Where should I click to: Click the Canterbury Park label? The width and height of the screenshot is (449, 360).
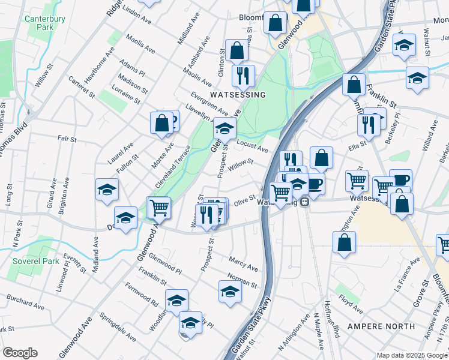pyautogui.click(x=40, y=23)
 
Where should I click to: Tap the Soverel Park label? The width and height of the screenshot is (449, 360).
pyautogui.click(x=37, y=262)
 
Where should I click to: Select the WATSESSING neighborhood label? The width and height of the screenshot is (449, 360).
pyautogui.click(x=237, y=95)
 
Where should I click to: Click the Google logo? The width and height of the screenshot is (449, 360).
pyautogui.click(x=20, y=352)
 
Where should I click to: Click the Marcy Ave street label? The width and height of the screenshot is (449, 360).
pyautogui.click(x=243, y=263)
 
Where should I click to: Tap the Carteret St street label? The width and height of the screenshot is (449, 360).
pyautogui.click(x=82, y=87)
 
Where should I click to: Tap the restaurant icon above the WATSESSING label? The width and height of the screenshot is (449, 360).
pyautogui.click(x=243, y=76)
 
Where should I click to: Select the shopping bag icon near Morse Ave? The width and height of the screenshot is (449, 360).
pyautogui.click(x=161, y=122)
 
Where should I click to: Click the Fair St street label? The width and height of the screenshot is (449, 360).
pyautogui.click(x=67, y=139)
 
